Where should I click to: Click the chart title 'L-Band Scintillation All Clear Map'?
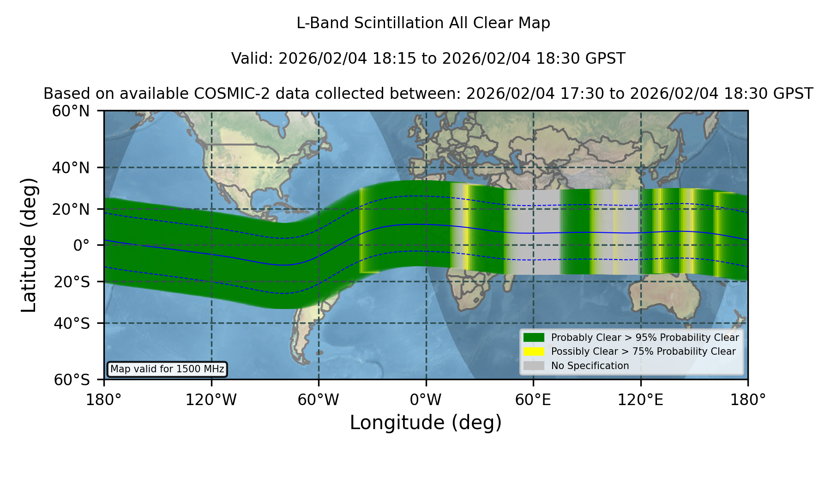pyautogui.click(x=423, y=23)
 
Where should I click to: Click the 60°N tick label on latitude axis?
pyautogui.click(x=71, y=111)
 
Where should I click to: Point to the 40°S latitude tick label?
pyautogui.click(x=72, y=323)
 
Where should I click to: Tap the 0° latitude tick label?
pyautogui.click(x=81, y=245)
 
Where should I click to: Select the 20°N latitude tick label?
pyautogui.click(x=71, y=209)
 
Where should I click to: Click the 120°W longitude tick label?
pyautogui.click(x=211, y=400)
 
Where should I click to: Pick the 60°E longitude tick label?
pyautogui.click(x=533, y=400)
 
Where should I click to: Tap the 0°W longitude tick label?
pyautogui.click(x=426, y=400)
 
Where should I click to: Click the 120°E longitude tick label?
pyautogui.click(x=640, y=400)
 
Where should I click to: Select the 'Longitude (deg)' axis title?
pyautogui.click(x=426, y=423)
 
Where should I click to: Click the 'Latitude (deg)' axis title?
pyautogui.click(x=29, y=245)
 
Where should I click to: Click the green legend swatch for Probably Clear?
pyautogui.click(x=534, y=338)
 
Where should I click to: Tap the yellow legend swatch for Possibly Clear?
pyautogui.click(x=534, y=352)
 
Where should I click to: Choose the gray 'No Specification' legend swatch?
pyautogui.click(x=534, y=366)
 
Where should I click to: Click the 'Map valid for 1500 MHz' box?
pyautogui.click(x=167, y=369)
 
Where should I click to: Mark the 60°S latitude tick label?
pyautogui.click(x=72, y=380)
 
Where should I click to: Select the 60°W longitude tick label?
pyautogui.click(x=318, y=400)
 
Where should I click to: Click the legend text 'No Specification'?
pyautogui.click(x=590, y=366)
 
